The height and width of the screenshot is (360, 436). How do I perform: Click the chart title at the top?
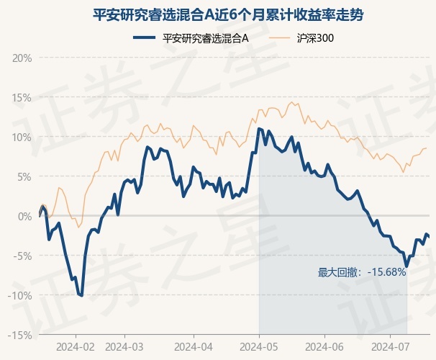click(x=228, y=15)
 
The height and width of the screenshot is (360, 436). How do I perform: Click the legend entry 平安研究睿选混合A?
click(x=191, y=38)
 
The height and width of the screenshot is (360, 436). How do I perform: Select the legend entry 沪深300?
click(x=301, y=38)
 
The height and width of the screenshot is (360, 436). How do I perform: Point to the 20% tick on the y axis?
click(x=22, y=58)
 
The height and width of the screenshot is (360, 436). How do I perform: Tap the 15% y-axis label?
click(x=22, y=98)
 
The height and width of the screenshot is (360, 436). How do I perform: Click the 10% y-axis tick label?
click(x=22, y=138)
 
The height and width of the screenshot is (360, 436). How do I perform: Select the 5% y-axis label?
click(x=24, y=177)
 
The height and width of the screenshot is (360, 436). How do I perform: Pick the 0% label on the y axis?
click(x=24, y=217)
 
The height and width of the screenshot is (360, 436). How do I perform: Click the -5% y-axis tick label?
click(x=22, y=256)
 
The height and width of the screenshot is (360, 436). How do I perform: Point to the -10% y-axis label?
click(x=19, y=296)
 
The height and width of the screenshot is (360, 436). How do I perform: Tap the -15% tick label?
click(x=19, y=336)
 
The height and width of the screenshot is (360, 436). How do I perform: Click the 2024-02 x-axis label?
click(x=76, y=347)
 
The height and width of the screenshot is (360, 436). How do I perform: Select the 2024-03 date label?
click(x=124, y=347)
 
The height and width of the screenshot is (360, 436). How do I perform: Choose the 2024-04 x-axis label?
click(x=194, y=347)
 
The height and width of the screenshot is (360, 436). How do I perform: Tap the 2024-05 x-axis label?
click(x=259, y=347)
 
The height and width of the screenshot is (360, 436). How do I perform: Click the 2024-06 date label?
click(x=324, y=347)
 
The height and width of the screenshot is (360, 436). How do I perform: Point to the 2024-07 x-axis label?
click(x=391, y=347)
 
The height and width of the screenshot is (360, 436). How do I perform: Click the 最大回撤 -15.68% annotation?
click(x=362, y=272)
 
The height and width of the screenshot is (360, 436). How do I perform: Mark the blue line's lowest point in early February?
click(x=82, y=295)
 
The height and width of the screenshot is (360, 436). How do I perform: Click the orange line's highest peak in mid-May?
click(x=291, y=102)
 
